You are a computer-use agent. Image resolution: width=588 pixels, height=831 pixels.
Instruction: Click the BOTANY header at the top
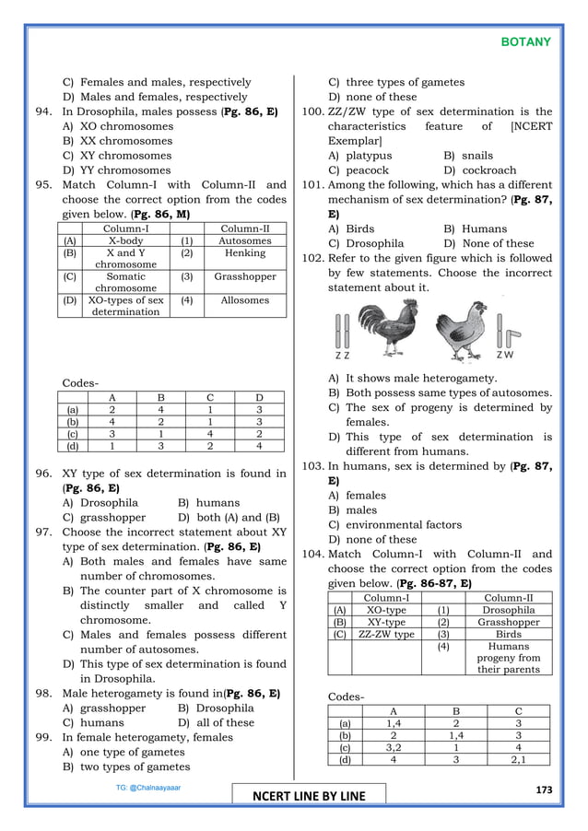525,41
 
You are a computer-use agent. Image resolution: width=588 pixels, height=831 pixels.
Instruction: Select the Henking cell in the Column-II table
244,252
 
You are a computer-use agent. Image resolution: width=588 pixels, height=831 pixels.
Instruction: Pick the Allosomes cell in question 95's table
244,300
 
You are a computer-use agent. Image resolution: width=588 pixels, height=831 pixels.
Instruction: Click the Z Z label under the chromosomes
342,355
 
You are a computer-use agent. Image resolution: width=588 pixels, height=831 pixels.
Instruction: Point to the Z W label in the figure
505,355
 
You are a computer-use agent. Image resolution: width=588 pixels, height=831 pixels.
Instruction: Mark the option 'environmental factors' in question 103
395,524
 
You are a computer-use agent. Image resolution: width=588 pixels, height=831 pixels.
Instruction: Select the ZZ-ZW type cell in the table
385,635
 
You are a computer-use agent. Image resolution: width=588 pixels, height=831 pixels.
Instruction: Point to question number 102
313,259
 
